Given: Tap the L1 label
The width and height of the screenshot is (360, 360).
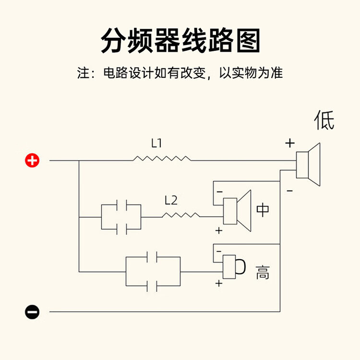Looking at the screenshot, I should pyautogui.click(x=157, y=143).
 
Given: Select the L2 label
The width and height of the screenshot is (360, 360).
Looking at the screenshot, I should pyautogui.click(x=171, y=200).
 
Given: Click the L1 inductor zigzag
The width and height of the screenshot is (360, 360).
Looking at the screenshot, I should pyautogui.click(x=162, y=158).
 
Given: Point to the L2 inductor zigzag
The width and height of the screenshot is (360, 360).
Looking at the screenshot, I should pyautogui.click(x=181, y=216).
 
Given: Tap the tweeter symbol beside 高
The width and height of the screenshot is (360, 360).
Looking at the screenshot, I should pyautogui.click(x=235, y=266).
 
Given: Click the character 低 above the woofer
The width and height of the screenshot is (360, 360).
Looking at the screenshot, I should pyautogui.click(x=324, y=120).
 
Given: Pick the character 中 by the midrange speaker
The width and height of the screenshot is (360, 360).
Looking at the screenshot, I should pyautogui.click(x=263, y=210).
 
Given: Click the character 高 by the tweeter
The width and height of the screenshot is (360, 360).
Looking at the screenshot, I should pyautogui.click(x=263, y=272).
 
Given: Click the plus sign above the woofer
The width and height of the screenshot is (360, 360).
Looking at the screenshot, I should pyautogui.click(x=289, y=143).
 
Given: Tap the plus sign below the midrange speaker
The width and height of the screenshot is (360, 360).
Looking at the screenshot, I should pyautogui.click(x=219, y=231).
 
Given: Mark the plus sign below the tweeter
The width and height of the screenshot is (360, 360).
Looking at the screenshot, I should pyautogui.click(x=219, y=284).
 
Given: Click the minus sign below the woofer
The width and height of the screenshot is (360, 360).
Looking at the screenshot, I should pyautogui.click(x=289, y=191).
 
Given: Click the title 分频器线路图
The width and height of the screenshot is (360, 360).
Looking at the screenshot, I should pyautogui.click(x=180, y=41).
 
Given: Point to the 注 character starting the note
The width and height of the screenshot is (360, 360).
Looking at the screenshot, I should pyautogui.click(x=84, y=73).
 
